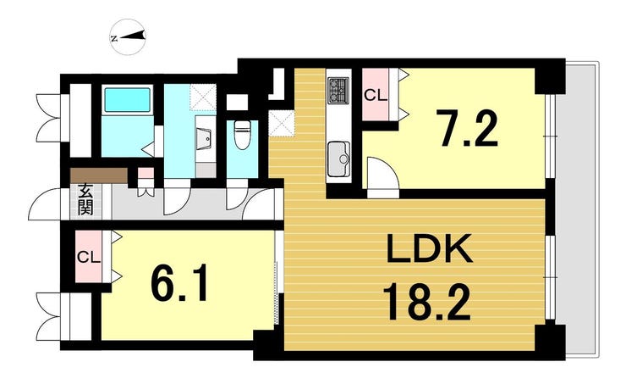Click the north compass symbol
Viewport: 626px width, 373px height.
coord(129,36)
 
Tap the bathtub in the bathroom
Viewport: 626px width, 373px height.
coord(128,100)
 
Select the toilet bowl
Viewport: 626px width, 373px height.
coord(241,135)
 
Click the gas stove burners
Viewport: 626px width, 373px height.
coord(338,91)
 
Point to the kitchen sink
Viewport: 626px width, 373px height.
coord(338,159)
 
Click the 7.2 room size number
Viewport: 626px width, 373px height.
coord(467,129)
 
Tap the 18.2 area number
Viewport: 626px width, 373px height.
coord(427,302)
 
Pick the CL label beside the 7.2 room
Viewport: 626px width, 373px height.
coord(376,95)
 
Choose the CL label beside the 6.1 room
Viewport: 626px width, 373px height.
coord(88,258)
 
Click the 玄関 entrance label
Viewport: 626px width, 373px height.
coord(85,199)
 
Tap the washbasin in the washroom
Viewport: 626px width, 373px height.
coord(206,139)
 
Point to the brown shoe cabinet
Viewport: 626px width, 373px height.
coord(99,175)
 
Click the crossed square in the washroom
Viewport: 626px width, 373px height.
coord(203,97)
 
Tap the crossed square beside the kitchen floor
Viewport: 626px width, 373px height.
coord(281,124)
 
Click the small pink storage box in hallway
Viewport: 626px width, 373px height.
coord(146,173)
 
